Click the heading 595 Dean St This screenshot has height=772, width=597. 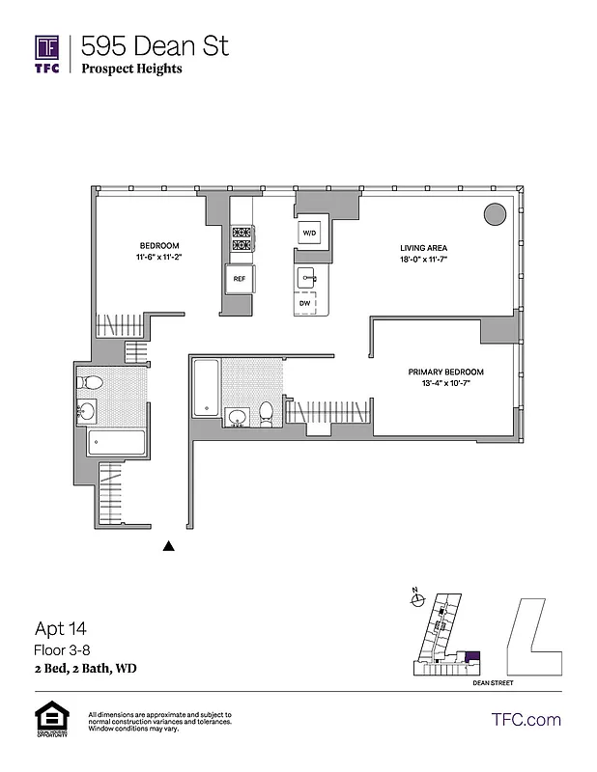pos(155,44)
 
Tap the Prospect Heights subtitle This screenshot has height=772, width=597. pos(131,69)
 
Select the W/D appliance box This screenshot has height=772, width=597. pos(309,234)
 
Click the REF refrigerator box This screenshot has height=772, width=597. pos(239,280)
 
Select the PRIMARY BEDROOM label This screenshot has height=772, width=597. pos(445,372)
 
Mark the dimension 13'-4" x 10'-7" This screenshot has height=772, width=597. pos(445,384)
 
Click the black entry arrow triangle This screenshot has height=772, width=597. pos(169,546)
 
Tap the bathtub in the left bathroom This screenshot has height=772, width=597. pos(117,444)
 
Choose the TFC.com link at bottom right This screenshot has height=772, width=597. pos(526,719)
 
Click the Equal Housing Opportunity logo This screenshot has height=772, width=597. pos(49,720)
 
